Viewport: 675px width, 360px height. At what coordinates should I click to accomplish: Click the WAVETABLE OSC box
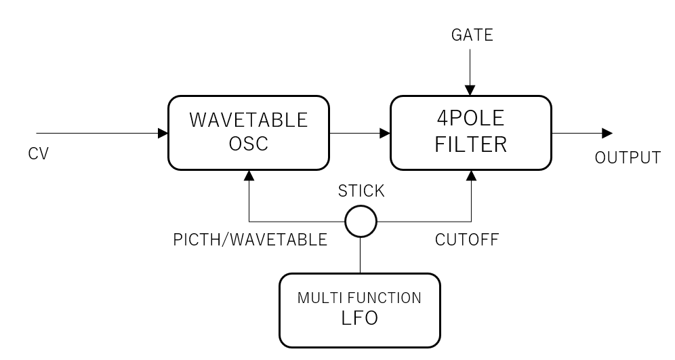(248, 132)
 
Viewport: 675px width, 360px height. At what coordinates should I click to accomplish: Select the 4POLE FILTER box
(471, 132)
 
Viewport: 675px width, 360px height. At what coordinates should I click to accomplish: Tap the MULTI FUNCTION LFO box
(360, 310)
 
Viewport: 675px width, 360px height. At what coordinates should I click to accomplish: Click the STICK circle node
(360, 221)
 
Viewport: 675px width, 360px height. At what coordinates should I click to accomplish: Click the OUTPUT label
(628, 159)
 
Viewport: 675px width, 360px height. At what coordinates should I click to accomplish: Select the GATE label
(472, 35)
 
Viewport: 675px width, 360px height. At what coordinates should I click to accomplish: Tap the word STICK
(361, 192)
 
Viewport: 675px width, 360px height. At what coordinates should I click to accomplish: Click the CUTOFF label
(466, 240)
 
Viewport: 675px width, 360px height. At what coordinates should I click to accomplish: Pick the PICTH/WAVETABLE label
(251, 240)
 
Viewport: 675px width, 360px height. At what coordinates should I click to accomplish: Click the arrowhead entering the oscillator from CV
(163, 133)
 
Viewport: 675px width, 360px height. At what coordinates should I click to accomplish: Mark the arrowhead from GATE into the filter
(471, 90)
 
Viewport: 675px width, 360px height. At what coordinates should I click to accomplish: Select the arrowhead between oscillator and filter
(385, 133)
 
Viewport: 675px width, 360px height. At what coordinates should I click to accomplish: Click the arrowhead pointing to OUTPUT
(607, 133)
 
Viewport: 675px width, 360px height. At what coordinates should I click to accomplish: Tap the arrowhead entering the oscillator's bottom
(249, 175)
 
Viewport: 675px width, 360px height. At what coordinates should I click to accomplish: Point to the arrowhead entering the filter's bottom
(471, 175)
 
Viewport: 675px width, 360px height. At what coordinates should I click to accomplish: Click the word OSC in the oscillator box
(248, 144)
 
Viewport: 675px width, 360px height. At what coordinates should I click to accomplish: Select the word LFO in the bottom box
(360, 318)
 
